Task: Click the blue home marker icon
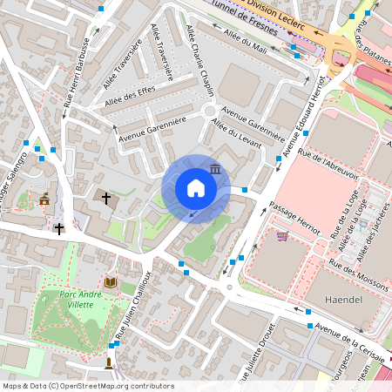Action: pos(196,188)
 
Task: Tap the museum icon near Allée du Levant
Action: pos(214,168)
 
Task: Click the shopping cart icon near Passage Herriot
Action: pos(281,235)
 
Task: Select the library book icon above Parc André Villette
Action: pos(110,282)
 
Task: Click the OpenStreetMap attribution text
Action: pos(87,386)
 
